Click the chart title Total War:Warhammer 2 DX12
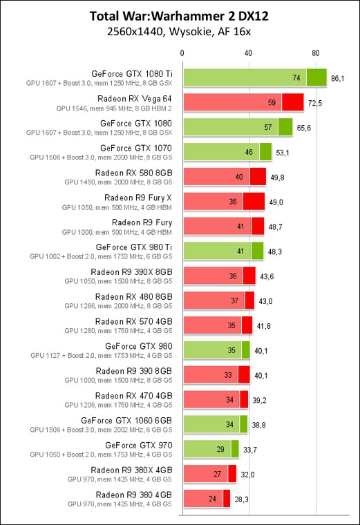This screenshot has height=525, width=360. [179, 16]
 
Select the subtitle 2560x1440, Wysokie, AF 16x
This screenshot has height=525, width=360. [179, 32]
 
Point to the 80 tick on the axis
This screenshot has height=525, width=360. [316, 53]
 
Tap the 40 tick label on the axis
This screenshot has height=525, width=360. [248, 53]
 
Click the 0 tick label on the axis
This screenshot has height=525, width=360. [182, 53]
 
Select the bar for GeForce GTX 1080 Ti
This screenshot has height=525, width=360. [255, 77]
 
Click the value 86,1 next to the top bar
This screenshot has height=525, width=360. [337, 78]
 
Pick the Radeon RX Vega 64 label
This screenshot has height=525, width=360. [135, 99]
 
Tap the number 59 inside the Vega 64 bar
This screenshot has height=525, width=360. [272, 102]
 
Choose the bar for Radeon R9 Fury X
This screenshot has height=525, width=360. [224, 202]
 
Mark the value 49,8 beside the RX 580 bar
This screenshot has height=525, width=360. [277, 178]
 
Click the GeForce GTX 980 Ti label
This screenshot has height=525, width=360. [134, 247]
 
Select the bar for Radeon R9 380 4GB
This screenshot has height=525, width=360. [207, 499]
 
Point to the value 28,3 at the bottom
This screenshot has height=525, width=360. [241, 499]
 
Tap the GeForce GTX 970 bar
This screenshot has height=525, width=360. [211, 449]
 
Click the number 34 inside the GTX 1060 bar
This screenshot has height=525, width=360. [229, 425]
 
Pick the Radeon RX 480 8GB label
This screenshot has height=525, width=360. [133, 296]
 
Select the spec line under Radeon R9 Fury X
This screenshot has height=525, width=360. [117, 208]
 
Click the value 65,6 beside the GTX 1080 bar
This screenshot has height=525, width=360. [304, 128]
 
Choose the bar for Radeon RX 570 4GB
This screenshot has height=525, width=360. [218, 325]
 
